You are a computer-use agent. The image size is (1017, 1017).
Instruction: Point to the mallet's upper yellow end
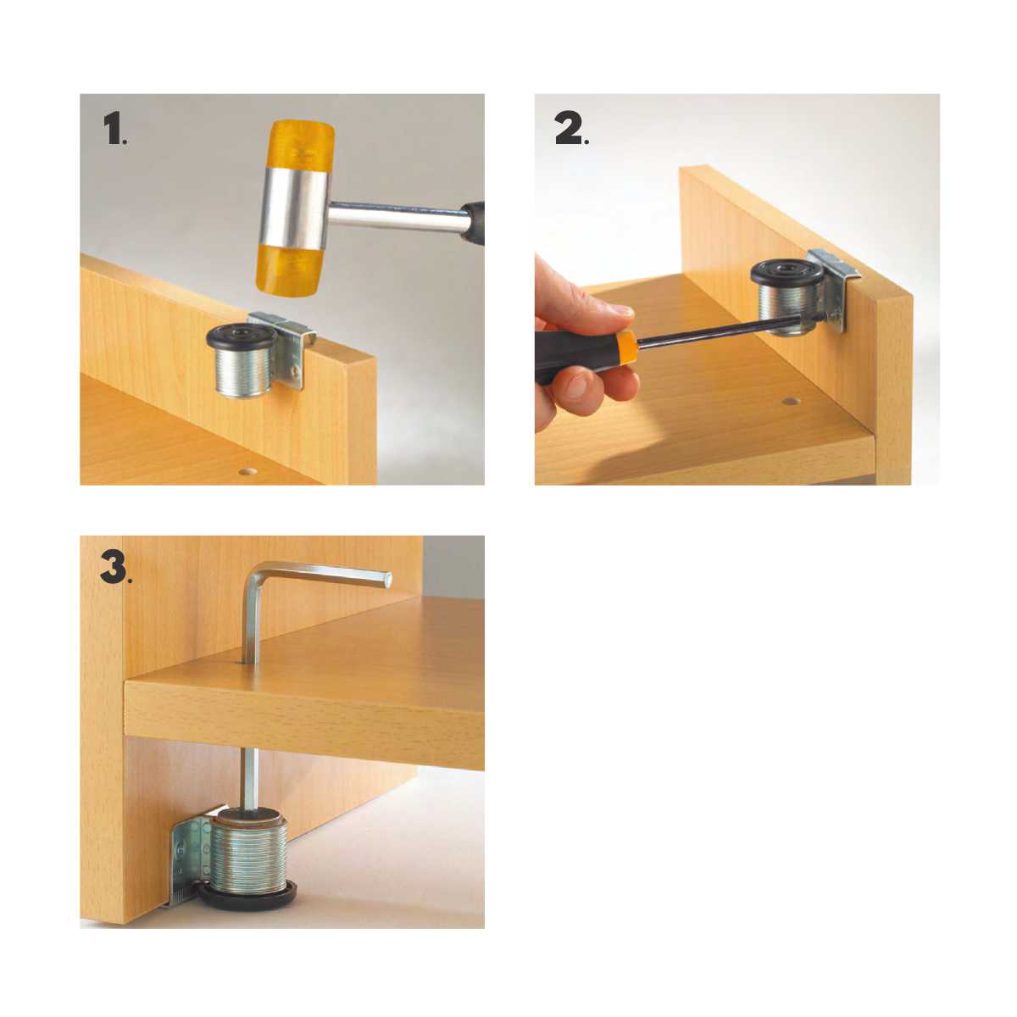point(303,144)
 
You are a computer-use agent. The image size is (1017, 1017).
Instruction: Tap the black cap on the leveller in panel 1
point(242,337)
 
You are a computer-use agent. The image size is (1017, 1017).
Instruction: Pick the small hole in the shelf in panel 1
point(247,470)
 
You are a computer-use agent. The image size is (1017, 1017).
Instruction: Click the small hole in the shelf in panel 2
point(790,402)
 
